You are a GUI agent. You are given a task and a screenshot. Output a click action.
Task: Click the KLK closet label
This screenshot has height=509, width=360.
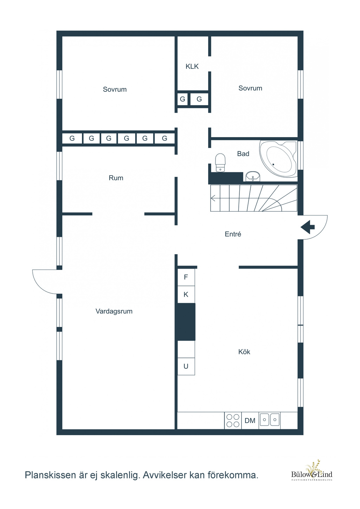[192, 66]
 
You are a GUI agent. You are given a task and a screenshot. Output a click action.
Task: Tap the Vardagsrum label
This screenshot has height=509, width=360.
[114, 311]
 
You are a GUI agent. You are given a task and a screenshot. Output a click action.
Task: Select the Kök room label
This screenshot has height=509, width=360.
[244, 352]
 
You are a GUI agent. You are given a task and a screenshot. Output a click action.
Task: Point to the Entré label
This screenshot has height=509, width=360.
[233, 234]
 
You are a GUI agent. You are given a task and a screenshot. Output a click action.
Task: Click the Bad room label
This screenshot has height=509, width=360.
[243, 154]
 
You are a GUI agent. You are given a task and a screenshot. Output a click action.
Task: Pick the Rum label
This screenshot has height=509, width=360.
[116, 178]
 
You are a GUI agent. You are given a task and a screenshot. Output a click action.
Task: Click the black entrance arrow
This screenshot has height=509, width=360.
[308, 227]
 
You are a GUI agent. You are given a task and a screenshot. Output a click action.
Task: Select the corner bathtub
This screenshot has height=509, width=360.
[278, 159]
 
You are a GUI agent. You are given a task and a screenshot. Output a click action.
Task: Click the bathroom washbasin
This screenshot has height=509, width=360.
[253, 176]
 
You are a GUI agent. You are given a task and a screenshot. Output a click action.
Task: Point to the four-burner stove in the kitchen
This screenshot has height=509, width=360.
[233, 420]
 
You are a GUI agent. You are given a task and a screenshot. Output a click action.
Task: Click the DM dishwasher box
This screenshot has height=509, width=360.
[250, 420]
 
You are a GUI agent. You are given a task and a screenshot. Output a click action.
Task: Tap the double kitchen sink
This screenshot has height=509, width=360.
[270, 419]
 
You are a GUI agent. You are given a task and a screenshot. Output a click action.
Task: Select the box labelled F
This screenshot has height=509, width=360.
[186, 277]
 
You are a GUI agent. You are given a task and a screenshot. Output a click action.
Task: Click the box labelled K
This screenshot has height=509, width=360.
[186, 295]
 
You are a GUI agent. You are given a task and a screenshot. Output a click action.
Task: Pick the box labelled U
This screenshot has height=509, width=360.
[186, 366]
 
